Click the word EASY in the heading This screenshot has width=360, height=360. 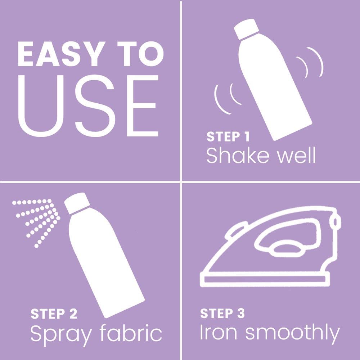coord(62,54)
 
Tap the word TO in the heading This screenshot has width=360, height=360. coord(140,54)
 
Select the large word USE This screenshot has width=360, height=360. coord(89,106)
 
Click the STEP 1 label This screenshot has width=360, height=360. coord(228,136)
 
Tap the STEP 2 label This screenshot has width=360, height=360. coord(54,314)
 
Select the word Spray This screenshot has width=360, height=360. coord(61,335)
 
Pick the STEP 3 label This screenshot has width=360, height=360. coord(222,313)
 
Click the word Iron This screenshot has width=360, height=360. coord(219,332)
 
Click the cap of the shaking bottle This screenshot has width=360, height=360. coord(246,29)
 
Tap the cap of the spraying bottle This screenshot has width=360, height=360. coord(77,203)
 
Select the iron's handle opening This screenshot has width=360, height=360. coord(287,235)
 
